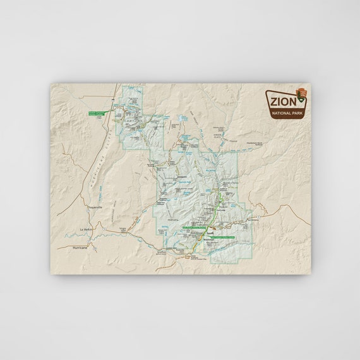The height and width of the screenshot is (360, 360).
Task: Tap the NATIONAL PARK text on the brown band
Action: [286, 114]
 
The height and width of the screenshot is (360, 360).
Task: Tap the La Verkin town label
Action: [86, 229]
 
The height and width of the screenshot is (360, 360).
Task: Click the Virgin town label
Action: [123, 229]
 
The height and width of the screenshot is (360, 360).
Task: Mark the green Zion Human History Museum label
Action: [196, 227]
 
